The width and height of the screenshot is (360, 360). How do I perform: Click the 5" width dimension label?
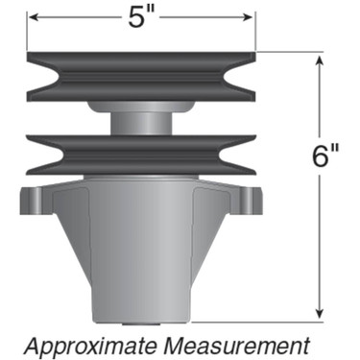[141, 18]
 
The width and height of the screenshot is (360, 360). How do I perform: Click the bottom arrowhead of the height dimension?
[318, 313]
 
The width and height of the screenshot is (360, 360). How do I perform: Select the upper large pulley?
[141, 77]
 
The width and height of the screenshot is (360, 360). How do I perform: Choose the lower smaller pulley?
[141, 153]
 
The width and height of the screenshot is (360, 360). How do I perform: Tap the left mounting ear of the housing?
[31, 202]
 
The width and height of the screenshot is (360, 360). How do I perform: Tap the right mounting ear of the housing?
[252, 202]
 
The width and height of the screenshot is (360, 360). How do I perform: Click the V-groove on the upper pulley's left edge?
[38, 77]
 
